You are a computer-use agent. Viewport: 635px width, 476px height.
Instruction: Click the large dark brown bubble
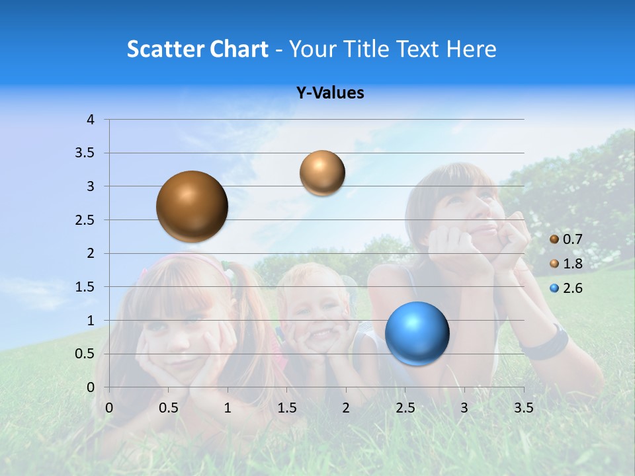(x=192, y=206)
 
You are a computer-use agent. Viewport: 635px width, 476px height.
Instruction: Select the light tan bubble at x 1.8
(x=322, y=173)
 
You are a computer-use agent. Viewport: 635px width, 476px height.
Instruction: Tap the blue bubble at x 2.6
(x=417, y=333)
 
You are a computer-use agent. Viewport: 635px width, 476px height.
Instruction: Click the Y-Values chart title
(x=330, y=93)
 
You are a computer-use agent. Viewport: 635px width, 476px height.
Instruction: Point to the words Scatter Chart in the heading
(x=197, y=49)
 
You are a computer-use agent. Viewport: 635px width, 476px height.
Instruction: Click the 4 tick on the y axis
(x=91, y=120)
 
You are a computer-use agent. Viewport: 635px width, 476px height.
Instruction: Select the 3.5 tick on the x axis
(x=523, y=408)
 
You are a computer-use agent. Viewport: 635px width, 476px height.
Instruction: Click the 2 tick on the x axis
(x=346, y=408)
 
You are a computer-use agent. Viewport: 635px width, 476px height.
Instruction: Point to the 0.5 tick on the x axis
(x=169, y=408)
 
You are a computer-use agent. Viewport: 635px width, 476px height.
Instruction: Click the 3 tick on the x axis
(x=464, y=408)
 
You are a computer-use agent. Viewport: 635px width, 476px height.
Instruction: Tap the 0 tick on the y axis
(x=91, y=387)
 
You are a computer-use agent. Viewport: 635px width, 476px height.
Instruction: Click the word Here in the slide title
(x=471, y=49)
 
